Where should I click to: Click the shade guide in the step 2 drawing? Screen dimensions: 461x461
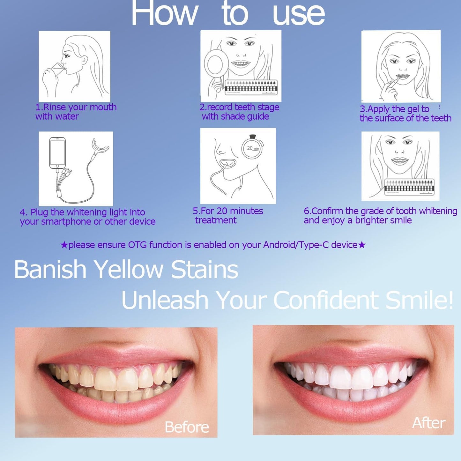click(251, 87)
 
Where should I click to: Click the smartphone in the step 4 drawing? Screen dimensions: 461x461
click(57, 153)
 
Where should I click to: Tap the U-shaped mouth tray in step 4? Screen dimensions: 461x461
click(100, 146)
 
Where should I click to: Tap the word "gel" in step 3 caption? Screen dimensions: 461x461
click(413, 109)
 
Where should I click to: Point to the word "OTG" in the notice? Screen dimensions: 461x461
click(137, 245)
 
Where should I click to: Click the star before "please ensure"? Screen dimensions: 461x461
click(64, 245)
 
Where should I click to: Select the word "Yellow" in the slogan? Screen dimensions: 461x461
click(129, 270)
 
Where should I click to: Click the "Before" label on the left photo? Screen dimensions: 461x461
click(187, 427)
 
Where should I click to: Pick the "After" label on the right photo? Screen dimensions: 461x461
click(428, 423)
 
